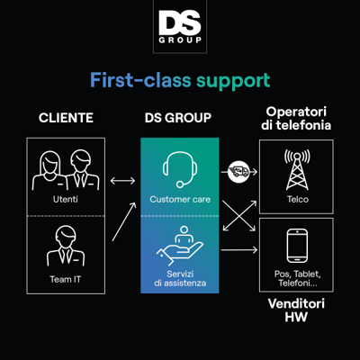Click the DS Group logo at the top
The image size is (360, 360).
click(180, 27)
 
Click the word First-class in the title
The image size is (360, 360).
click(140, 80)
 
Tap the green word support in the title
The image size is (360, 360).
click(233, 81)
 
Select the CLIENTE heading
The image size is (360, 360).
click(66, 118)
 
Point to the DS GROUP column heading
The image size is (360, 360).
click(178, 118)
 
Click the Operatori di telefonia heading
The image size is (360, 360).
click(296, 119)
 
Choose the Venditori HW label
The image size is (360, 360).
click(296, 310)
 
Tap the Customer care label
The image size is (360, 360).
click(180, 199)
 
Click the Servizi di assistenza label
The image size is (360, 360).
click(180, 278)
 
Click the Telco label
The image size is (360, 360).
click(298, 199)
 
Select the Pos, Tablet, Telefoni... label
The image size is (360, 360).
click(298, 278)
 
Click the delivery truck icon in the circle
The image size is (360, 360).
click(238, 172)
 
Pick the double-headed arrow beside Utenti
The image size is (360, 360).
click(122, 181)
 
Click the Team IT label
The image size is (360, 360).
click(66, 279)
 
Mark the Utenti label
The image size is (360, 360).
click(66, 199)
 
